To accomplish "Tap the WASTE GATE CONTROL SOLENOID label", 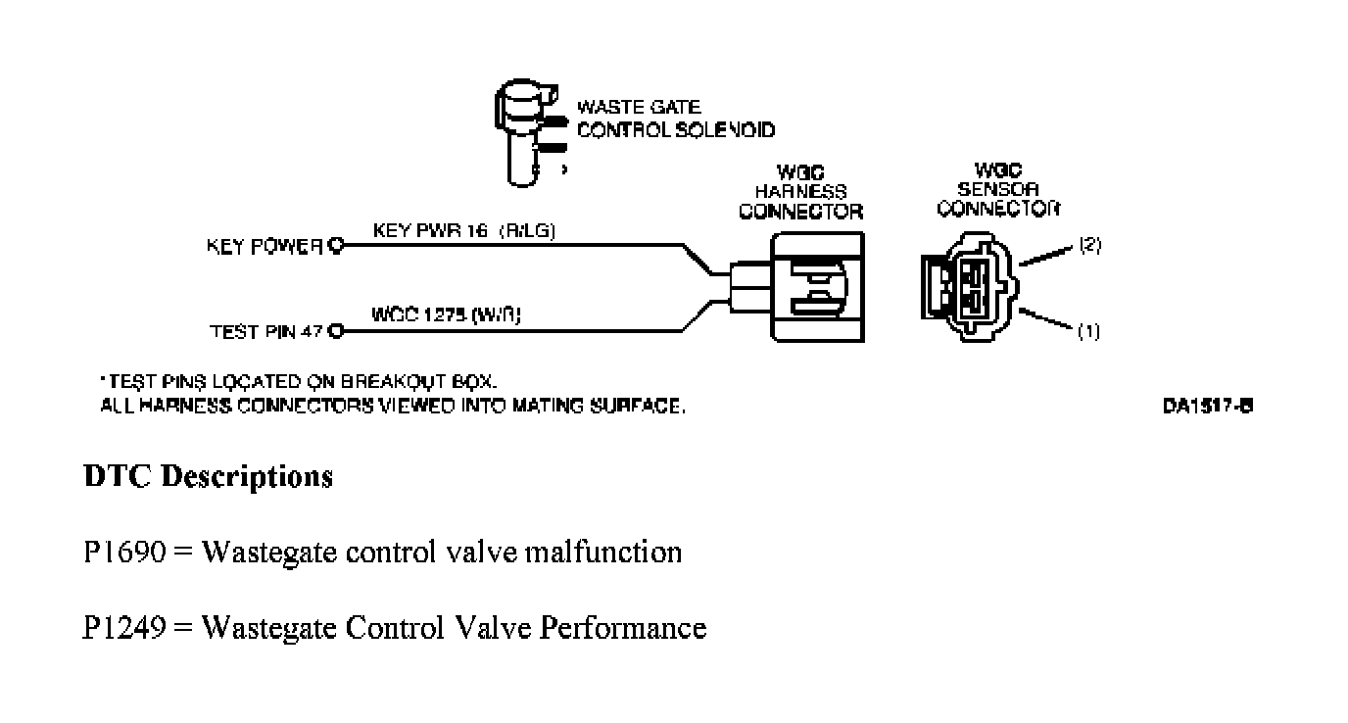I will [x=674, y=119].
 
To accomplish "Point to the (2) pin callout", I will [x=1089, y=245].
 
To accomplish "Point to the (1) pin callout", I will [x=1088, y=332].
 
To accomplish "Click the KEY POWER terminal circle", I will [x=336, y=246].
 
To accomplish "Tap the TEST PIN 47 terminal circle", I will [x=336, y=331].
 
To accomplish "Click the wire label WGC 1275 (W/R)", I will [x=446, y=315].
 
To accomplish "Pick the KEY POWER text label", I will [x=265, y=247].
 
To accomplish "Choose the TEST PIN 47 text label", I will [x=267, y=332].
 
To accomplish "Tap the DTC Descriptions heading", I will [x=208, y=477].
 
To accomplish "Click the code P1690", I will [x=123, y=553].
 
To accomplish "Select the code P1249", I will [x=123, y=626].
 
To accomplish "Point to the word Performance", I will [x=622, y=627].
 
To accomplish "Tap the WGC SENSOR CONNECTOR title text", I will [x=999, y=189].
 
